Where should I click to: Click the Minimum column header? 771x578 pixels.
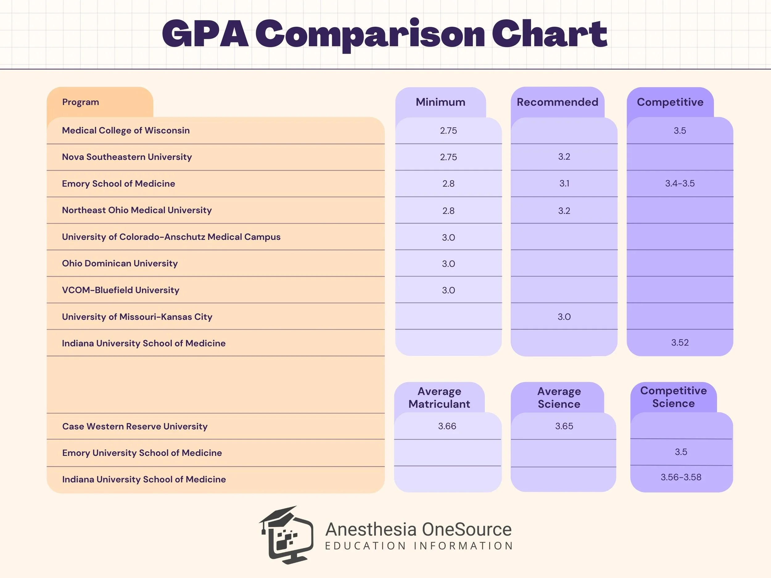[x=440, y=102]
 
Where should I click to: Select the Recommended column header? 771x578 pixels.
[x=557, y=102]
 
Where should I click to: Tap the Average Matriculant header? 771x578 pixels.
[x=439, y=398]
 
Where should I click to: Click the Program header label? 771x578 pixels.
[x=80, y=102]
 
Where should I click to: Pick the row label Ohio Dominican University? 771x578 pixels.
[x=120, y=263]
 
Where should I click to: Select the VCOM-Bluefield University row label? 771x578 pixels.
[x=120, y=290]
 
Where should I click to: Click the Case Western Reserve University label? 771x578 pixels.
[x=134, y=426]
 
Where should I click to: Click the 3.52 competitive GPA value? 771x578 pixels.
[x=680, y=342]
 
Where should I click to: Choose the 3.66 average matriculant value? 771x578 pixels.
[x=447, y=426]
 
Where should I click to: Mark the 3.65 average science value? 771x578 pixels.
[x=564, y=426]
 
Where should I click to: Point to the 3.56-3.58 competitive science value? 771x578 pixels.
[x=681, y=477]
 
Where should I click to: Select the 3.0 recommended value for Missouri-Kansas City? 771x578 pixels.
[x=564, y=317]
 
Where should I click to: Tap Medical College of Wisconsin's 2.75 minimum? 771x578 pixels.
[x=448, y=131]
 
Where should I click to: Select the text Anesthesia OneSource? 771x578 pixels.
[x=418, y=530]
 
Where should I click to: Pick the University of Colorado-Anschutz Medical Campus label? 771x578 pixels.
[x=171, y=237]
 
